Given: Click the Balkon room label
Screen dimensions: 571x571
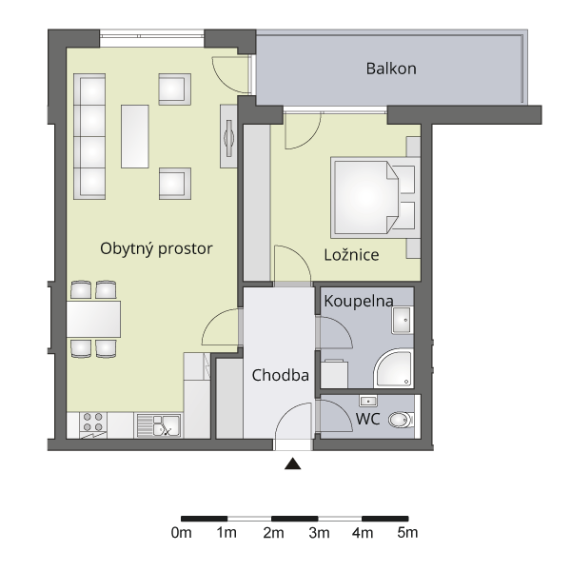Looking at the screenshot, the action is pyautogui.click(x=391, y=69).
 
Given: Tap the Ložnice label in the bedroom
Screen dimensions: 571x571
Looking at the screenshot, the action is pyautogui.click(x=351, y=254).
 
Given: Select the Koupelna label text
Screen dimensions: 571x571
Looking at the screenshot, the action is pyautogui.click(x=359, y=301).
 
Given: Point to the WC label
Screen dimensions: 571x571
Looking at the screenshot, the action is pyautogui.click(x=367, y=419).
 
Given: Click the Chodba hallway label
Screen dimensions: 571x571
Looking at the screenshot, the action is pyautogui.click(x=281, y=375).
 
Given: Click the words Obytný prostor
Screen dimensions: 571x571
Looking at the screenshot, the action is pyautogui.click(x=156, y=249).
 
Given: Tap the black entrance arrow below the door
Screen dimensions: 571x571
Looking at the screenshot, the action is pyautogui.click(x=293, y=464).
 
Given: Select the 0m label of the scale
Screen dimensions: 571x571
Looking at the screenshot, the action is pyautogui.click(x=182, y=533).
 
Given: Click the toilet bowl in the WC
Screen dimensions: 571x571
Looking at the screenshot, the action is pyautogui.click(x=401, y=420).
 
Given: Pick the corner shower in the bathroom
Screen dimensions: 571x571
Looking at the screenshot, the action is pyautogui.click(x=393, y=368).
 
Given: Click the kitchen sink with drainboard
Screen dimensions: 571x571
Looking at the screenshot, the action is pyautogui.click(x=159, y=425).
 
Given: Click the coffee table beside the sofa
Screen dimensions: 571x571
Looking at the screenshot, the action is pyautogui.click(x=135, y=136).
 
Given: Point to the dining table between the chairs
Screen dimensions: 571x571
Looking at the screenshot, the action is pyautogui.click(x=93, y=319).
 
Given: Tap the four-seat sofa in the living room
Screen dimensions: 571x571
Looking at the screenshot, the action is pyautogui.click(x=89, y=136).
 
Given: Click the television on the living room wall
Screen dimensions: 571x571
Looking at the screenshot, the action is pyautogui.click(x=229, y=137).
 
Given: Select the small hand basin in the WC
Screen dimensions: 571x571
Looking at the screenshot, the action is pyautogui.click(x=368, y=402).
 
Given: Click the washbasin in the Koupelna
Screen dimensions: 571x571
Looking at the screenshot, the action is pyautogui.click(x=403, y=321).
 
